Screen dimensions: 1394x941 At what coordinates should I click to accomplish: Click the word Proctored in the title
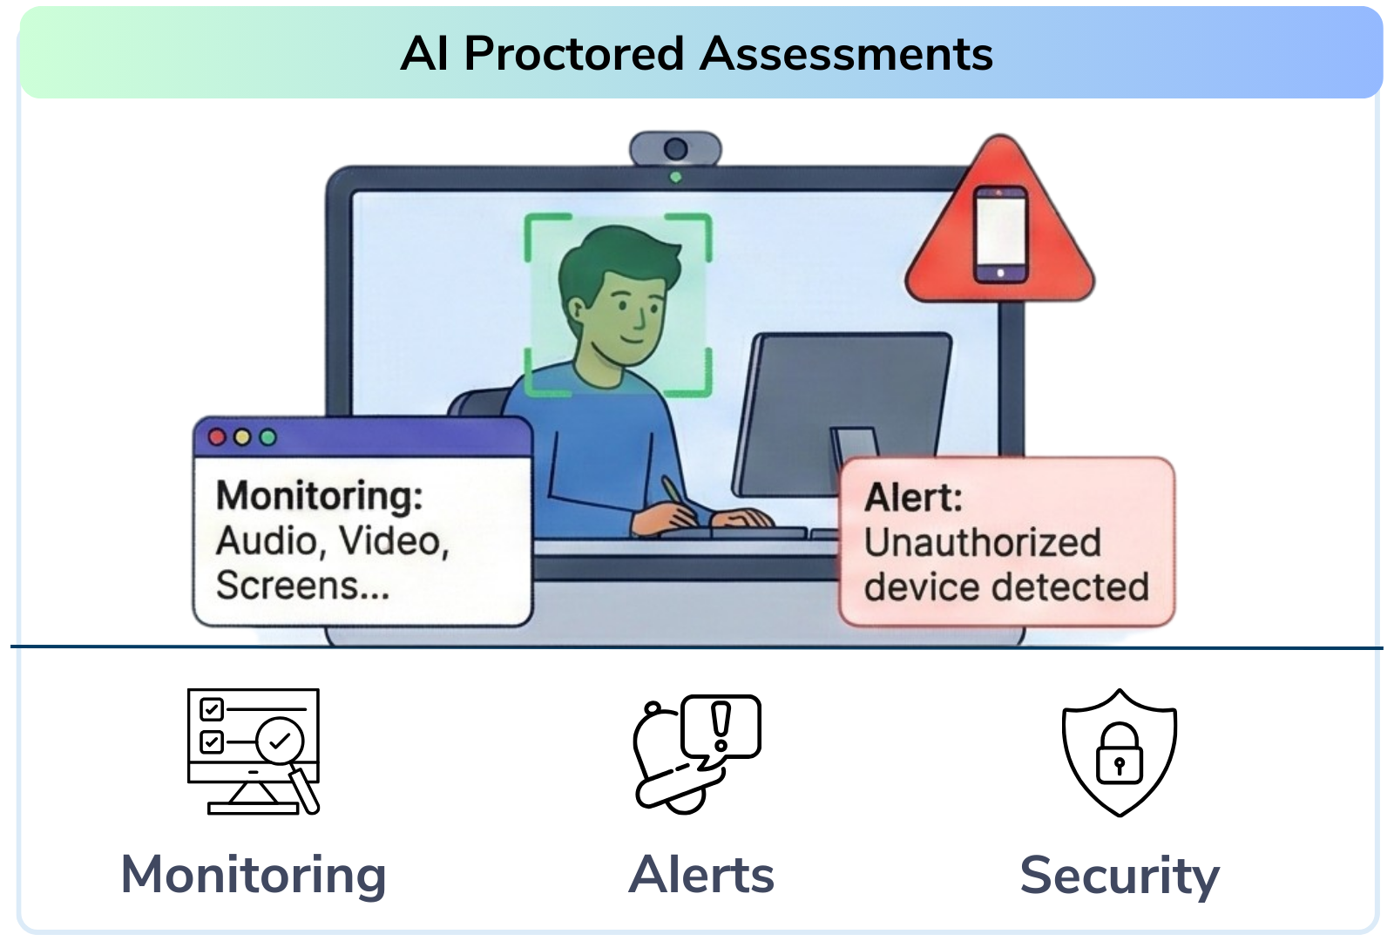pos(574,55)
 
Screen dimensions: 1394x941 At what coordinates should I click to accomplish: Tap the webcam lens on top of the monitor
pos(675,149)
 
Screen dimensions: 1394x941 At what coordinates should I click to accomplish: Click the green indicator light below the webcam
pos(675,178)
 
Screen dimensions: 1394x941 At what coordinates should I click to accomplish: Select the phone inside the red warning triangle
pos(1000,234)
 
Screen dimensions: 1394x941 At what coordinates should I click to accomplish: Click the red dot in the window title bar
pos(217,437)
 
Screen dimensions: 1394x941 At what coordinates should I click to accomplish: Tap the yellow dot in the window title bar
pos(242,437)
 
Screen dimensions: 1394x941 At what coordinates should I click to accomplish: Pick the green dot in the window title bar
pos(267,437)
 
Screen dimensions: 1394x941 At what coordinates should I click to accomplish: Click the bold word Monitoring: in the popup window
pos(319,497)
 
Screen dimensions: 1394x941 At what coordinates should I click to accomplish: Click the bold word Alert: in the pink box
pos(913,498)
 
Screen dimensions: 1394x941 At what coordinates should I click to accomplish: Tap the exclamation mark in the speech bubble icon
pos(721,727)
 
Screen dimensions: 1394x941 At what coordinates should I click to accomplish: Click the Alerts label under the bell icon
pos(701,875)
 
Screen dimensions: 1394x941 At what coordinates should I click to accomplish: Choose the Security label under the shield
pos(1120,877)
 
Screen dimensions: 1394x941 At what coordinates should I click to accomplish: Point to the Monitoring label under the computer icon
pos(254,877)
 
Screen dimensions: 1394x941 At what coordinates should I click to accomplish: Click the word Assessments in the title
pos(846,55)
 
